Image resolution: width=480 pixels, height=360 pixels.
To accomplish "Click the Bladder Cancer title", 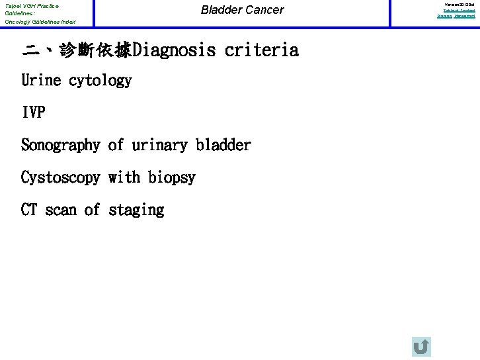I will (x=242, y=10).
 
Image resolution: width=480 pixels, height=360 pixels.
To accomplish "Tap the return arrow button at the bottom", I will (x=421, y=346).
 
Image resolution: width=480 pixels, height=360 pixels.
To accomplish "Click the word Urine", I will (x=41, y=81).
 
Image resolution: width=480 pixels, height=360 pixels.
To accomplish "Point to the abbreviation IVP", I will (x=33, y=112).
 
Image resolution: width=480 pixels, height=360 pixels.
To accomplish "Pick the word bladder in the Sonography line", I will (x=223, y=145).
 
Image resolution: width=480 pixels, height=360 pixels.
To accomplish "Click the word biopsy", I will (x=172, y=177).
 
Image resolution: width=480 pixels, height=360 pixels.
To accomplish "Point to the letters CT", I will (x=29, y=210).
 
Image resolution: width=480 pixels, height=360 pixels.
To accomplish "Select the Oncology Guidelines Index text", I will (x=40, y=22).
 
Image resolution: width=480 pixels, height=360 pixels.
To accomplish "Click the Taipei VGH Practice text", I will (x=32, y=6).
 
